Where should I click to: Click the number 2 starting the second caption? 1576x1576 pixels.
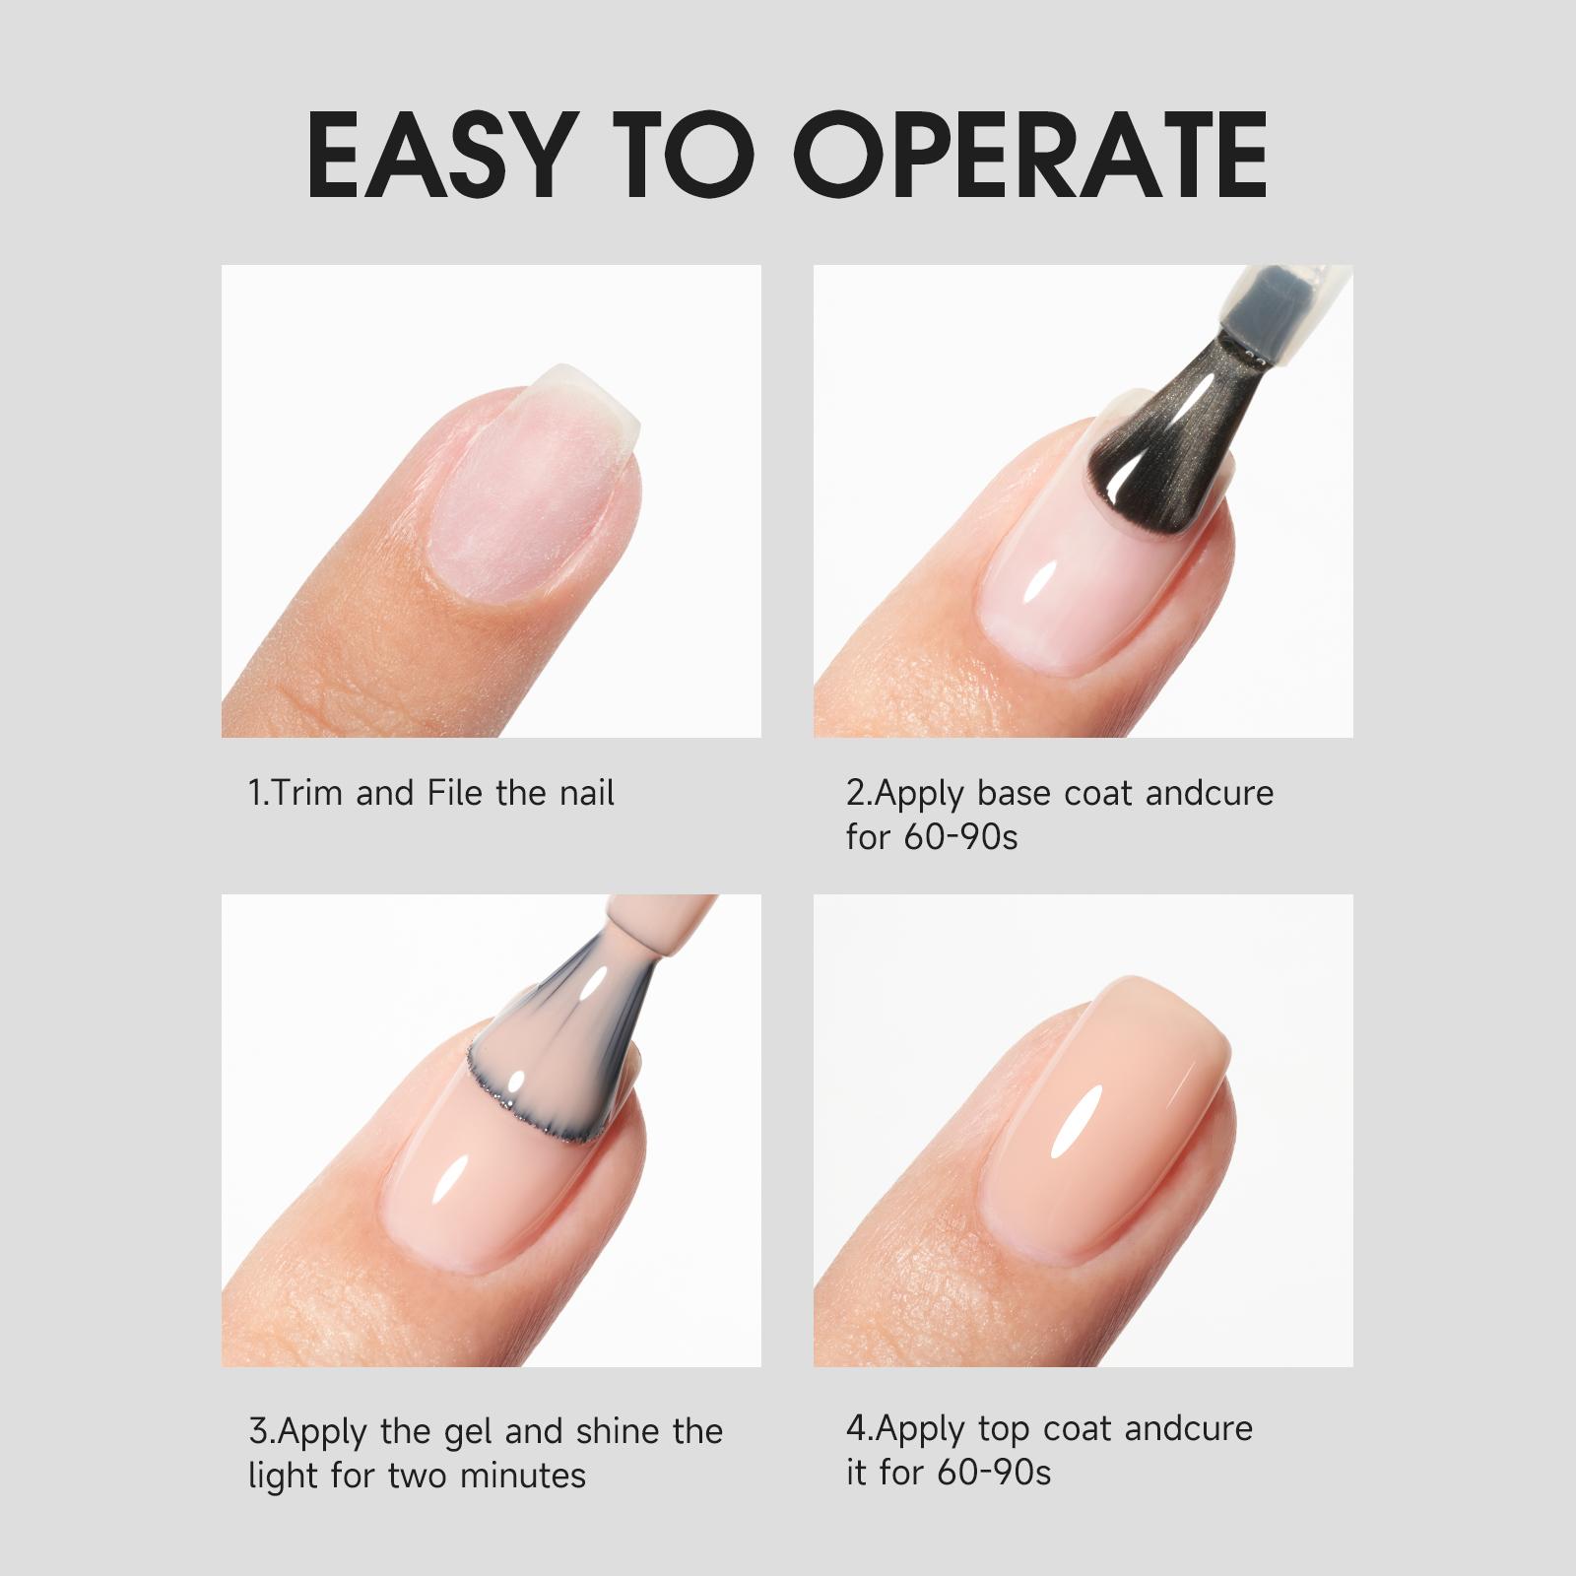(x=854, y=794)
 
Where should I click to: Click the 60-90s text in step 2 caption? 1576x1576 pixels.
(x=959, y=838)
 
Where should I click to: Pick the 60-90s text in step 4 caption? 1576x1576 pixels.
(x=994, y=1474)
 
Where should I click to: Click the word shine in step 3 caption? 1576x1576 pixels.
(x=619, y=1432)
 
